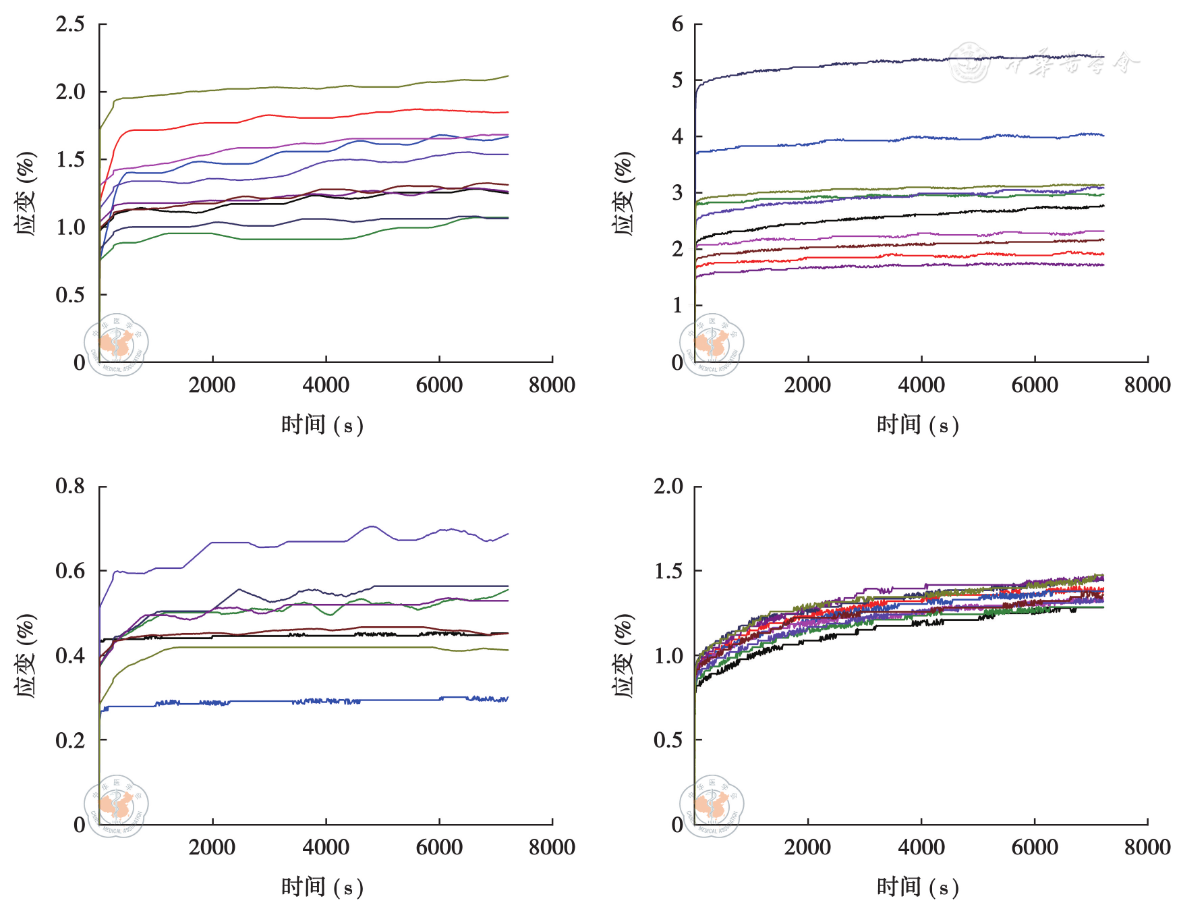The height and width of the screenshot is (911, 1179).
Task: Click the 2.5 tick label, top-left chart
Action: click(x=70, y=25)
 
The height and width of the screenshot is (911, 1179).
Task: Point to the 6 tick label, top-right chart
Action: click(x=677, y=25)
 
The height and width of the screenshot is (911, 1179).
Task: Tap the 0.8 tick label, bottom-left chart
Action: click(x=70, y=487)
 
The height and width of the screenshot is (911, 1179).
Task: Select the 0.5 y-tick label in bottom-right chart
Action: click(x=668, y=740)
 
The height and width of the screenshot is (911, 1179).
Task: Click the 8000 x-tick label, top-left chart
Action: click(x=552, y=385)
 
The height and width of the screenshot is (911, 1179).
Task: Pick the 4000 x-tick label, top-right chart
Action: click(x=921, y=385)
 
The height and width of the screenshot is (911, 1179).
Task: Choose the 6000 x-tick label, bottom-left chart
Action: click(x=439, y=848)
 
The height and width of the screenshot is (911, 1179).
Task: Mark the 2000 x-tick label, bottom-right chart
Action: click(x=807, y=848)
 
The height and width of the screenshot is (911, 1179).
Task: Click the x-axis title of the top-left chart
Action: click(x=322, y=425)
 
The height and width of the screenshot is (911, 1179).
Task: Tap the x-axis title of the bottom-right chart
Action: click(x=917, y=887)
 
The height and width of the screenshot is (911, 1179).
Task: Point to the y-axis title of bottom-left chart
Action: click(x=26, y=655)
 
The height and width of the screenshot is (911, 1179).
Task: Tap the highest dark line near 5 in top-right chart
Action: click(x=877, y=62)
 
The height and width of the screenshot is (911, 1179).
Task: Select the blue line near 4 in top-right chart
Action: click(x=877, y=140)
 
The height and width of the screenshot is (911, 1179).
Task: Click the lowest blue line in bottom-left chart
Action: click(x=270, y=702)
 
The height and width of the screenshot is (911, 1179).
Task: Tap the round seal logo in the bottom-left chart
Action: click(x=116, y=806)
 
